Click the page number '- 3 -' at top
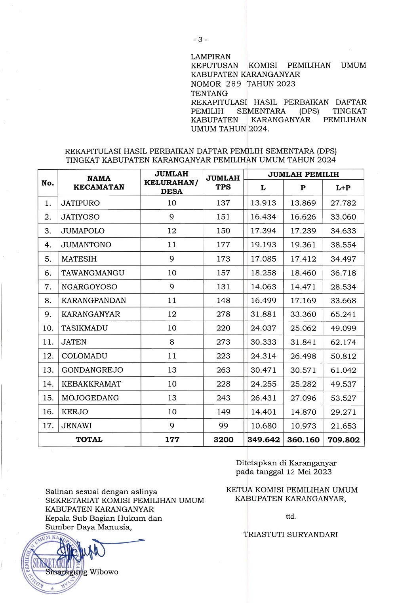[200, 40]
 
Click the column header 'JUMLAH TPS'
[223, 182]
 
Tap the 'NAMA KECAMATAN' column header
[99, 182]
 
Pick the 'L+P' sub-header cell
[343, 188]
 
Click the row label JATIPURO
[81, 203]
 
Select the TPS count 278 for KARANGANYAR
[223, 314]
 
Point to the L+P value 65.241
[343, 314]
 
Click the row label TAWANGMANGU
[93, 273]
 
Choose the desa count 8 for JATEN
[171, 342]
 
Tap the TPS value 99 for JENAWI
[223, 426]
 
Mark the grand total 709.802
[344, 440]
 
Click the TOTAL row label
[89, 439]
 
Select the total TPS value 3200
[223, 440]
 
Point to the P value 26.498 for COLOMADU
[303, 356]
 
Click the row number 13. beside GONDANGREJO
[48, 370]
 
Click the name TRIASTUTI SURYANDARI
[291, 535]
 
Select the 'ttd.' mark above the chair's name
[291, 517]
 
